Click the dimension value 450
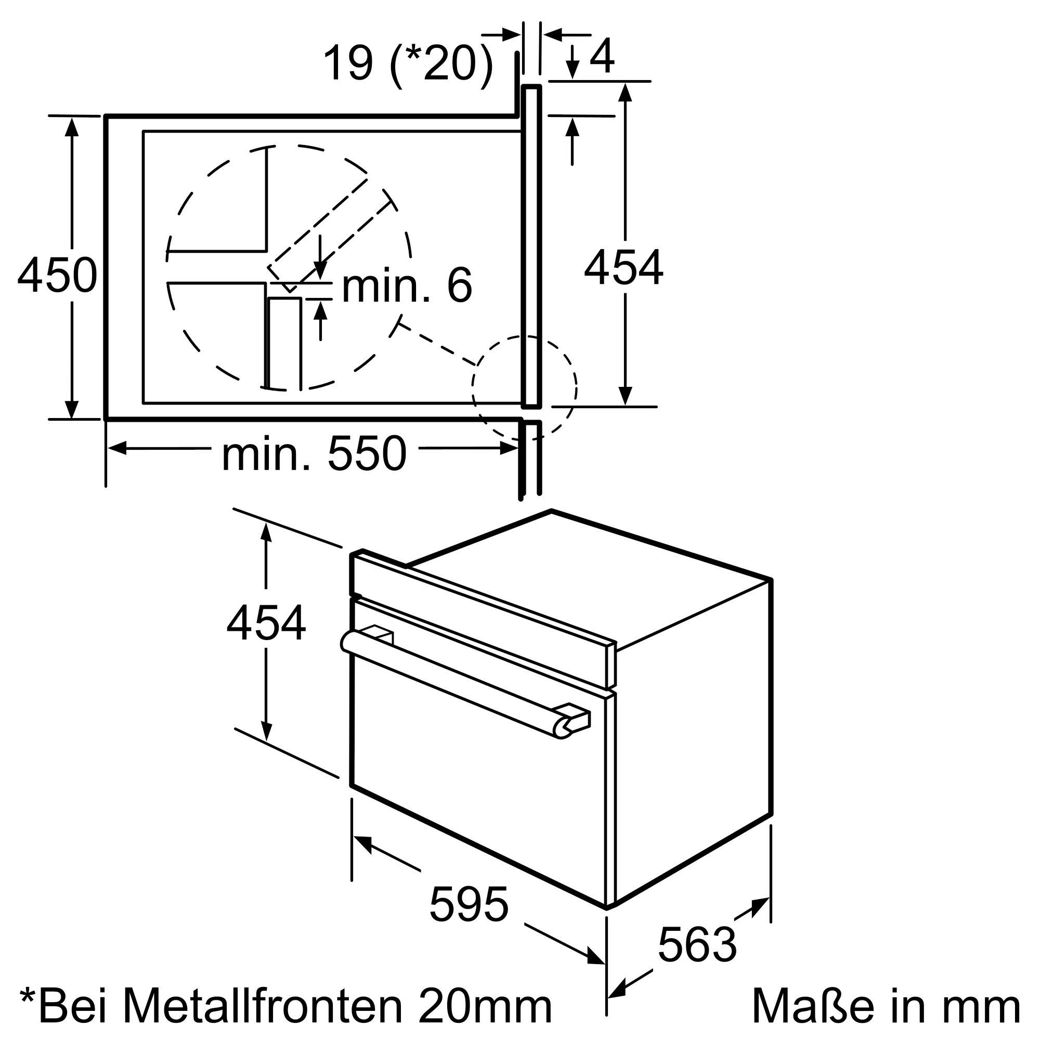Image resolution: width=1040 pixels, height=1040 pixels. tap(57, 276)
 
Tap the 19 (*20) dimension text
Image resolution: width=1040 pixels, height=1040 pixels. tap(408, 64)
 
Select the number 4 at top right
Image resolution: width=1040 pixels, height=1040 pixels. tap(602, 57)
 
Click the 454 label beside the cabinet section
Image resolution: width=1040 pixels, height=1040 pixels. tap(623, 268)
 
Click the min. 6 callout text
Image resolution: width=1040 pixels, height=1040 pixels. tap(407, 285)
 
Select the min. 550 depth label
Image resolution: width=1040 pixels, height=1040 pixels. tap(314, 455)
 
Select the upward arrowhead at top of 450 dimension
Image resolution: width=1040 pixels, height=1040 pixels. tap(72, 127)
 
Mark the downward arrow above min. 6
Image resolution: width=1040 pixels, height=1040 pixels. tap(320, 269)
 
